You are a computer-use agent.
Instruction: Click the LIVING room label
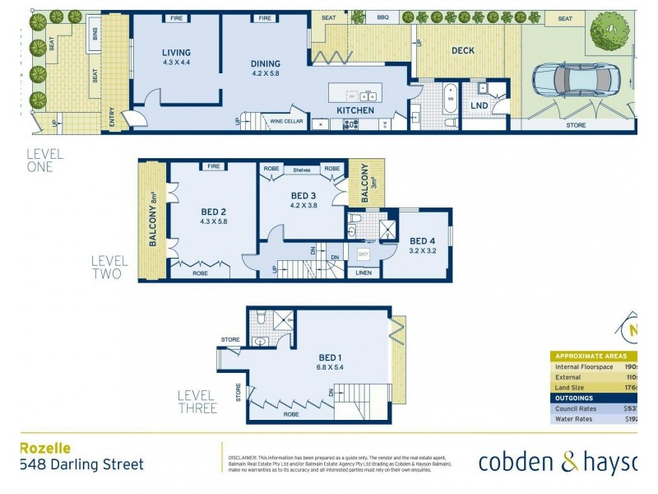[176, 54]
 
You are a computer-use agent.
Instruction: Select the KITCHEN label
[355, 110]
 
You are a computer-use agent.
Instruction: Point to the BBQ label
[382, 17]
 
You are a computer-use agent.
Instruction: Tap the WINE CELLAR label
[286, 122]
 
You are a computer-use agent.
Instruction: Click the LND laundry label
[479, 106]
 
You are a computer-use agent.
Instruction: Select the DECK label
[463, 51]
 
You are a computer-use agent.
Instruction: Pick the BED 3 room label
[304, 196]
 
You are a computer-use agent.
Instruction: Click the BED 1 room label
[330, 357]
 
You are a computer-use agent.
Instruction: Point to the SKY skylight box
[364, 255]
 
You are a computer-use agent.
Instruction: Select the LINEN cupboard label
[364, 273]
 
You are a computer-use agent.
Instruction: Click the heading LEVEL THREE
[197, 402]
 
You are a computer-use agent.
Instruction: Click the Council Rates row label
[576, 408]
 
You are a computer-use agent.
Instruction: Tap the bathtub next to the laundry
[450, 100]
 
